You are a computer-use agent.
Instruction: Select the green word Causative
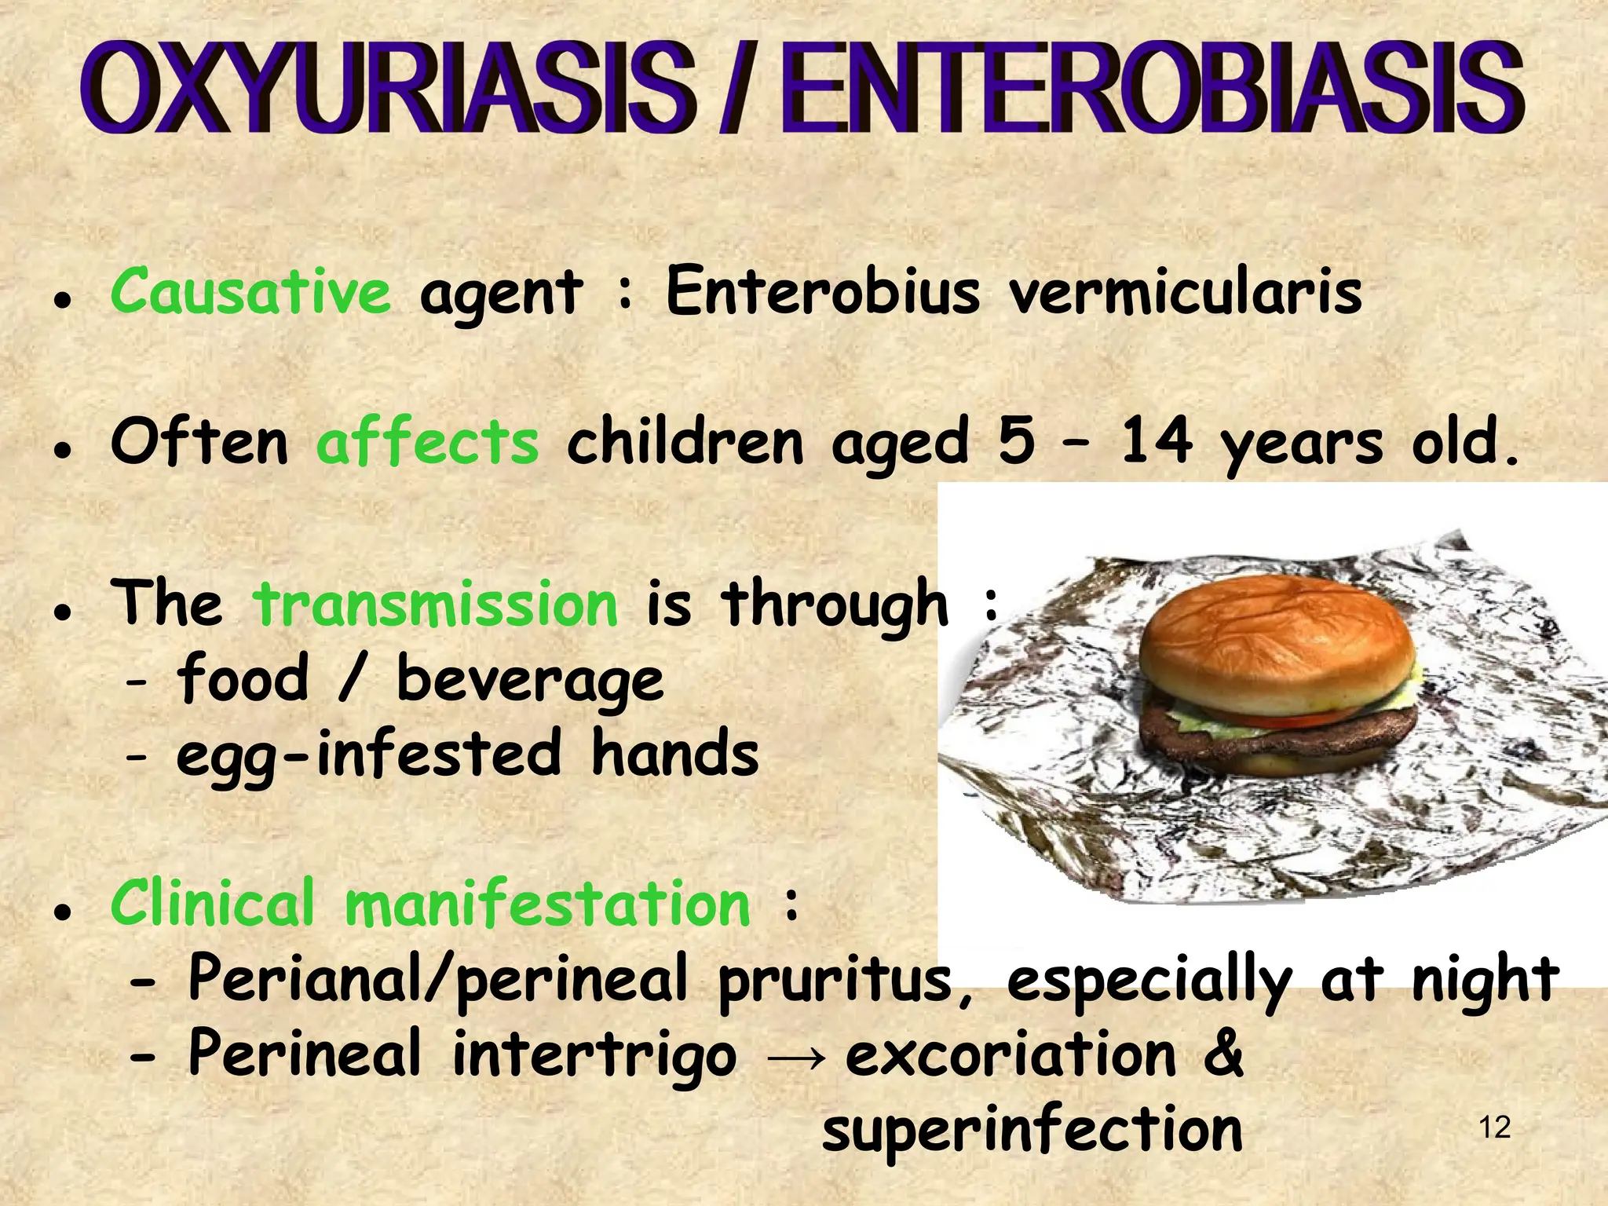pyautogui.click(x=250, y=291)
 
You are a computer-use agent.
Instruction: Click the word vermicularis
pyautogui.click(x=1186, y=293)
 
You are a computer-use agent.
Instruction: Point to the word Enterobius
pyautogui.click(x=823, y=291)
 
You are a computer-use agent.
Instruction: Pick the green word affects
pyautogui.click(x=428, y=442)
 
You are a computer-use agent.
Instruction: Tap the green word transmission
pyautogui.click(x=436, y=605)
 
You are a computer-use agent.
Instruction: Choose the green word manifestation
pyautogui.click(x=548, y=904)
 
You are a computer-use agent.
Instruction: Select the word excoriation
pyautogui.click(x=1010, y=1054)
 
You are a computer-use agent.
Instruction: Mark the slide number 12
pyautogui.click(x=1494, y=1128)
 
